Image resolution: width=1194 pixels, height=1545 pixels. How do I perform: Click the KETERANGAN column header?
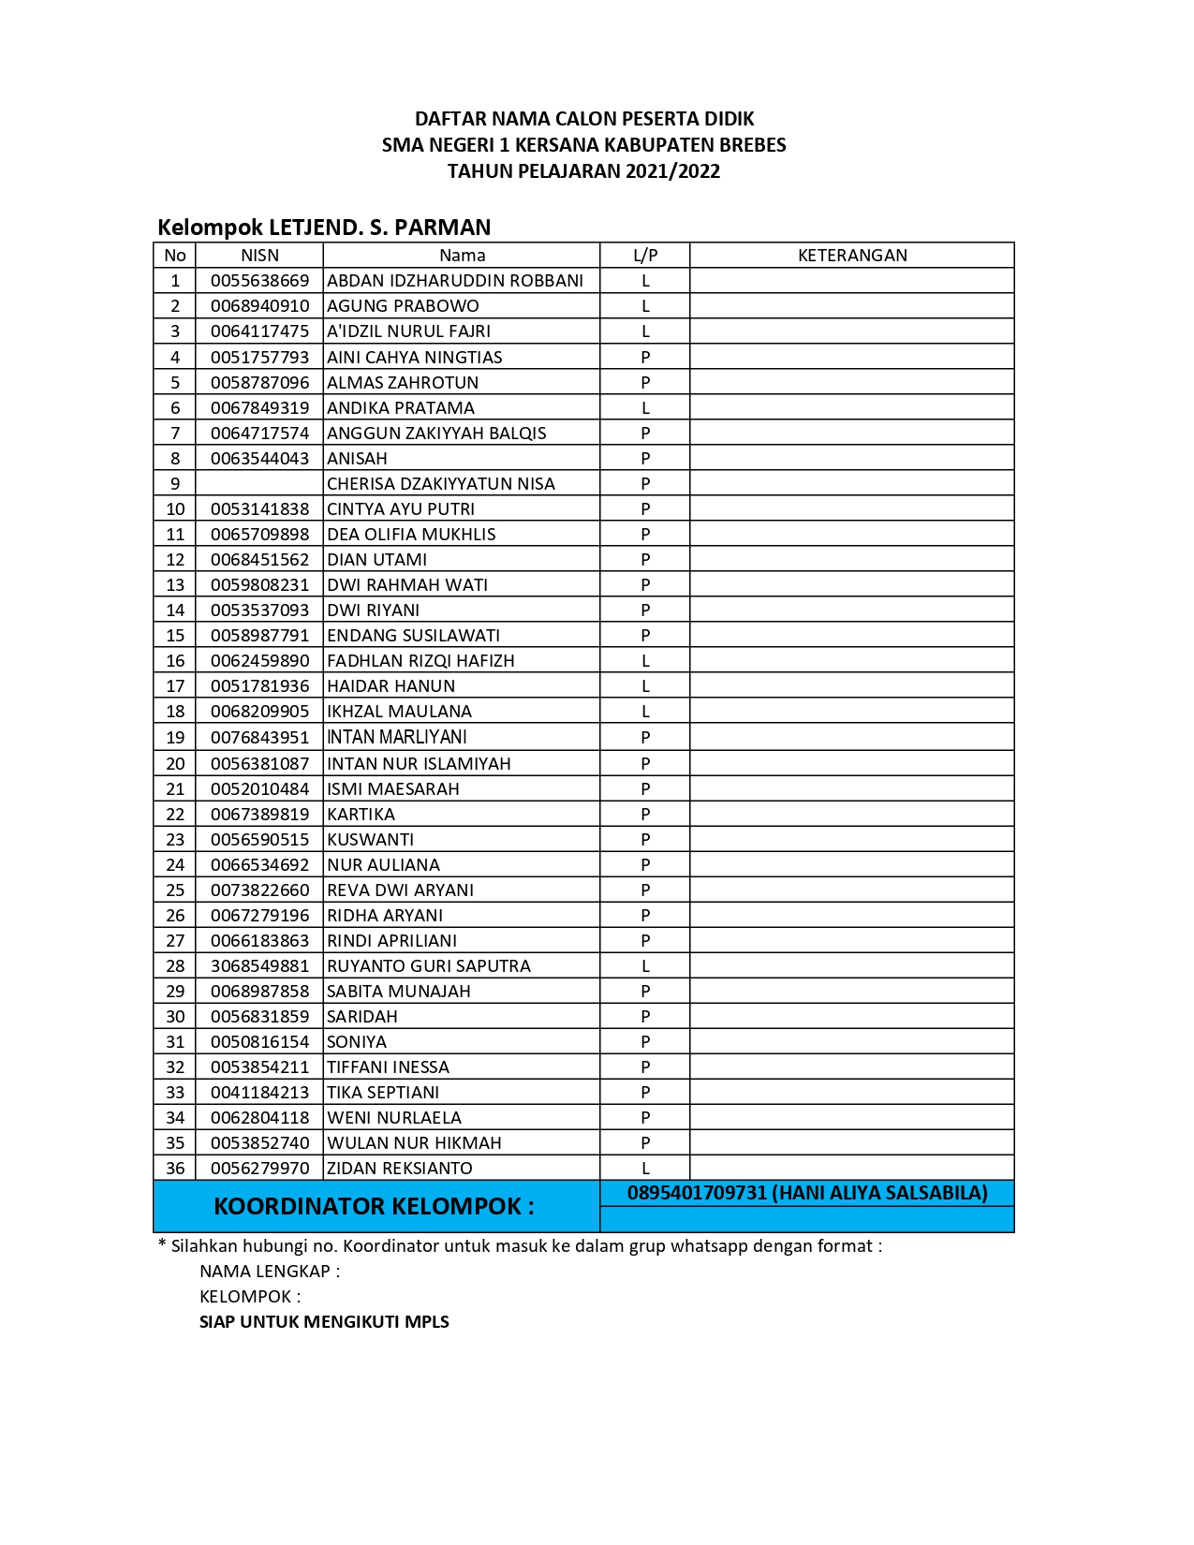click(851, 256)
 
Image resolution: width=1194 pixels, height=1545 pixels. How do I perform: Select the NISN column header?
click(259, 256)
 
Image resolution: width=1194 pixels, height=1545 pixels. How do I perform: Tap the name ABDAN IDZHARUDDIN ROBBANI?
click(455, 281)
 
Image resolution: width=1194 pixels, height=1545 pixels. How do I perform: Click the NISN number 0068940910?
click(259, 306)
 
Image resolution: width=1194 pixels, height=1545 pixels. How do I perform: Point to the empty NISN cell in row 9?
click(259, 483)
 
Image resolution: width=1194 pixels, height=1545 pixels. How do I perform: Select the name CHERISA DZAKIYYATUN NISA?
click(441, 483)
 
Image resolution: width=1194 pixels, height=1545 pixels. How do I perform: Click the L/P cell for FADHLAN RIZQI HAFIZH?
click(645, 660)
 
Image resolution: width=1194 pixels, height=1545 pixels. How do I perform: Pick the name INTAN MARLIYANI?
click(397, 737)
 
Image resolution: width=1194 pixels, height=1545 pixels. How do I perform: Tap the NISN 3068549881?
click(259, 965)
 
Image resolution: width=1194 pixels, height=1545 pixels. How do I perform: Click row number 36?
click(175, 1168)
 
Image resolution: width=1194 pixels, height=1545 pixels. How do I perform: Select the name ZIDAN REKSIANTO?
click(400, 1168)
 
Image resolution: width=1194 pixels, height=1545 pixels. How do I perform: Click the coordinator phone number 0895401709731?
click(697, 1193)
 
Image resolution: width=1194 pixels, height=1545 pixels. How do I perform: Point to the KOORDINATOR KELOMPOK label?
click(374, 1206)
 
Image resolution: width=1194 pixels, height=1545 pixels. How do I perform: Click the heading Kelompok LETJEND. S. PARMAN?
click(324, 228)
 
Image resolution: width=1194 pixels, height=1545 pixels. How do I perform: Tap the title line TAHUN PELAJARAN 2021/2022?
click(583, 171)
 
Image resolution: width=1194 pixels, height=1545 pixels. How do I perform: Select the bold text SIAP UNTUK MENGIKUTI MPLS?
click(324, 1321)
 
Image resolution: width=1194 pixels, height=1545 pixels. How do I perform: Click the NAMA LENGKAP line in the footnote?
click(270, 1271)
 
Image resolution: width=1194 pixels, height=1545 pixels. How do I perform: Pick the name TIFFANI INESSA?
click(388, 1067)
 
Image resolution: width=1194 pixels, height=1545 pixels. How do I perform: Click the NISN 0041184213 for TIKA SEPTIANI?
click(259, 1092)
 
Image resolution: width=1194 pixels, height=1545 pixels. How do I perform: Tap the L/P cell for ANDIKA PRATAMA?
click(645, 407)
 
